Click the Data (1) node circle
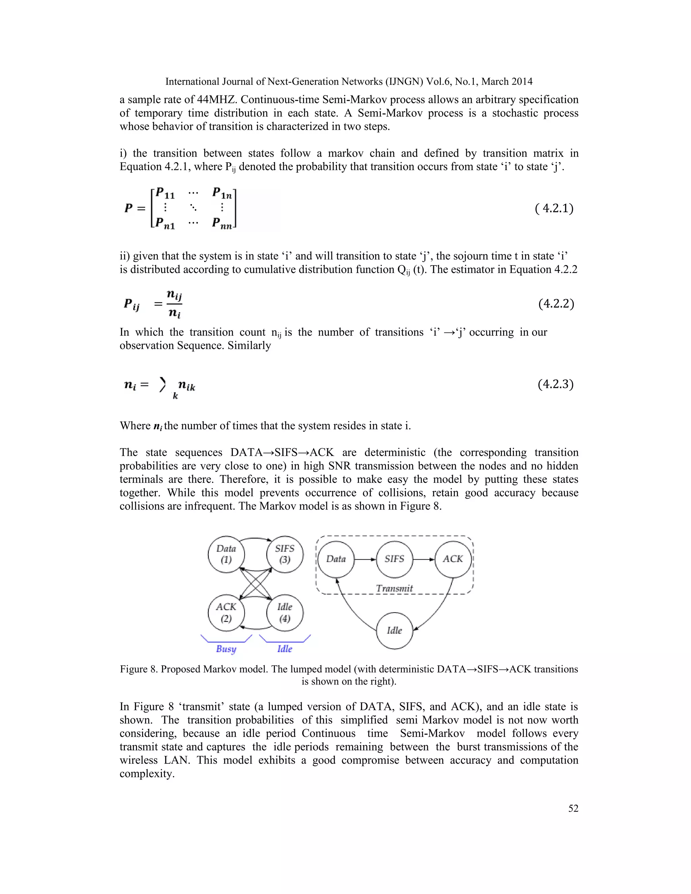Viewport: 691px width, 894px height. (226, 554)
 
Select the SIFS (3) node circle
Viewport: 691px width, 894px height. (285, 554)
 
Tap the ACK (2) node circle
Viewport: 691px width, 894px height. (226, 613)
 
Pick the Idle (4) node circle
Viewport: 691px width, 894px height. (285, 613)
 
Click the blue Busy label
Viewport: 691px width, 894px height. (226, 649)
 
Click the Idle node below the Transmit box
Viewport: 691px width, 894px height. (394, 631)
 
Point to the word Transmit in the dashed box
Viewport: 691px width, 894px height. (394, 588)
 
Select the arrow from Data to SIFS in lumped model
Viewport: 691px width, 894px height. (365, 559)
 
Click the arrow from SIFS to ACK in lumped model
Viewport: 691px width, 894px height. (424, 559)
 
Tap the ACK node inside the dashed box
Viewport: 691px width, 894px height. (453, 559)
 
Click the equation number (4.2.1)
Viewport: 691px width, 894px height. (554, 209)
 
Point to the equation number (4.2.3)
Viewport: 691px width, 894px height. (555, 384)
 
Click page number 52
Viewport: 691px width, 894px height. (573, 808)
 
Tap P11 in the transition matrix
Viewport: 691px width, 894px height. (165, 192)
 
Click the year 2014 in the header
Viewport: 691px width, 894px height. (521, 81)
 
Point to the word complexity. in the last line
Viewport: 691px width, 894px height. (147, 774)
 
